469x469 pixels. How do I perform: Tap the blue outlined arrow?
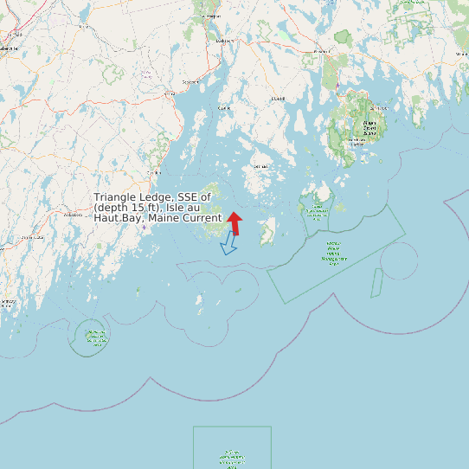229,243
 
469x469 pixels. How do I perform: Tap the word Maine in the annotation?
164,218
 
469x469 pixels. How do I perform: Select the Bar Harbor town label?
379,108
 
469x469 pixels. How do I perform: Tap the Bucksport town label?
224,41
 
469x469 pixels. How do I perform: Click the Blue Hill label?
279,99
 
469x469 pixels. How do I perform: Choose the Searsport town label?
190,82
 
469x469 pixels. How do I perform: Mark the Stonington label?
260,166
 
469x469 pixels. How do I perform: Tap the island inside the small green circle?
92,336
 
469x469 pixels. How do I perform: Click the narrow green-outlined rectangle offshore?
377,282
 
